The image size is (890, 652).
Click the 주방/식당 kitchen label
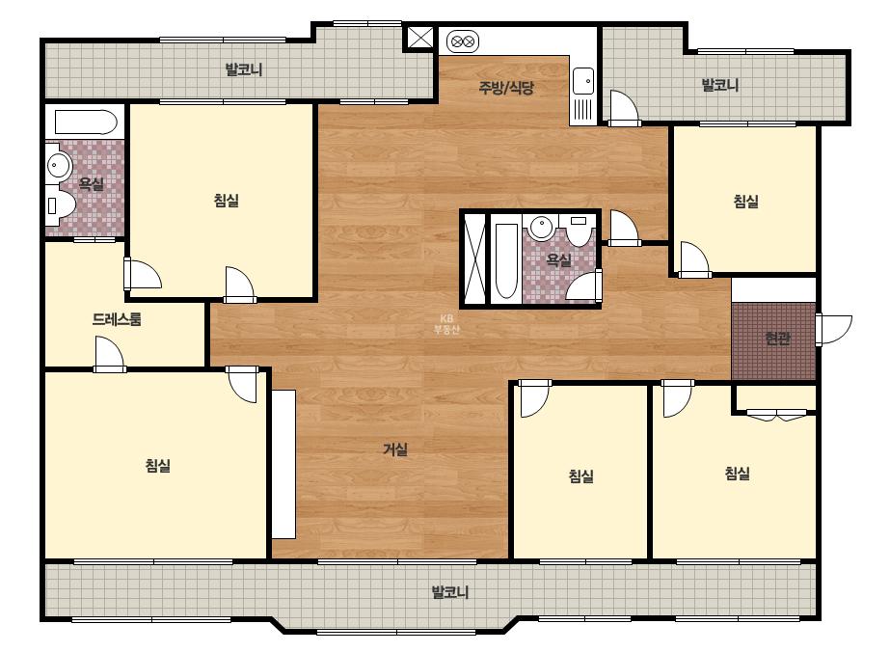pos(506,88)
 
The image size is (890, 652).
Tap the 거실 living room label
pos(395,449)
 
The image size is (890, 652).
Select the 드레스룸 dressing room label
pos(117,319)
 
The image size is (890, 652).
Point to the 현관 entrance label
pos(777,339)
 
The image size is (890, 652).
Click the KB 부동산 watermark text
pos(446,324)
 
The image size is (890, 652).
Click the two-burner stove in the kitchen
pos(463,41)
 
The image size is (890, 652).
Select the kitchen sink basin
pos(583,81)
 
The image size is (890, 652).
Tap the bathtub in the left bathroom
pos(86,122)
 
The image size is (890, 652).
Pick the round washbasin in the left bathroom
pos(58,165)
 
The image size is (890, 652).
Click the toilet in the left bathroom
pos(60,204)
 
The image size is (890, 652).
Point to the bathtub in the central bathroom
pos(506,260)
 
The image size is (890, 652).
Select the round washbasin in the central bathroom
pos(542,228)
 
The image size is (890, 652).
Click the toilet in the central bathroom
pos(579,229)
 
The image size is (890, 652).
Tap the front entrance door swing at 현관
pos(834,330)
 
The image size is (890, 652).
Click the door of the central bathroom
pos(584,285)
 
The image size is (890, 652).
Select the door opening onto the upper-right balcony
pos(624,108)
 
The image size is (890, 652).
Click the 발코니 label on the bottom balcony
pos(450,592)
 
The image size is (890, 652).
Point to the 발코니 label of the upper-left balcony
pos(244,69)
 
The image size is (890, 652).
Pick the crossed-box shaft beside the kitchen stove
pos(420,39)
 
